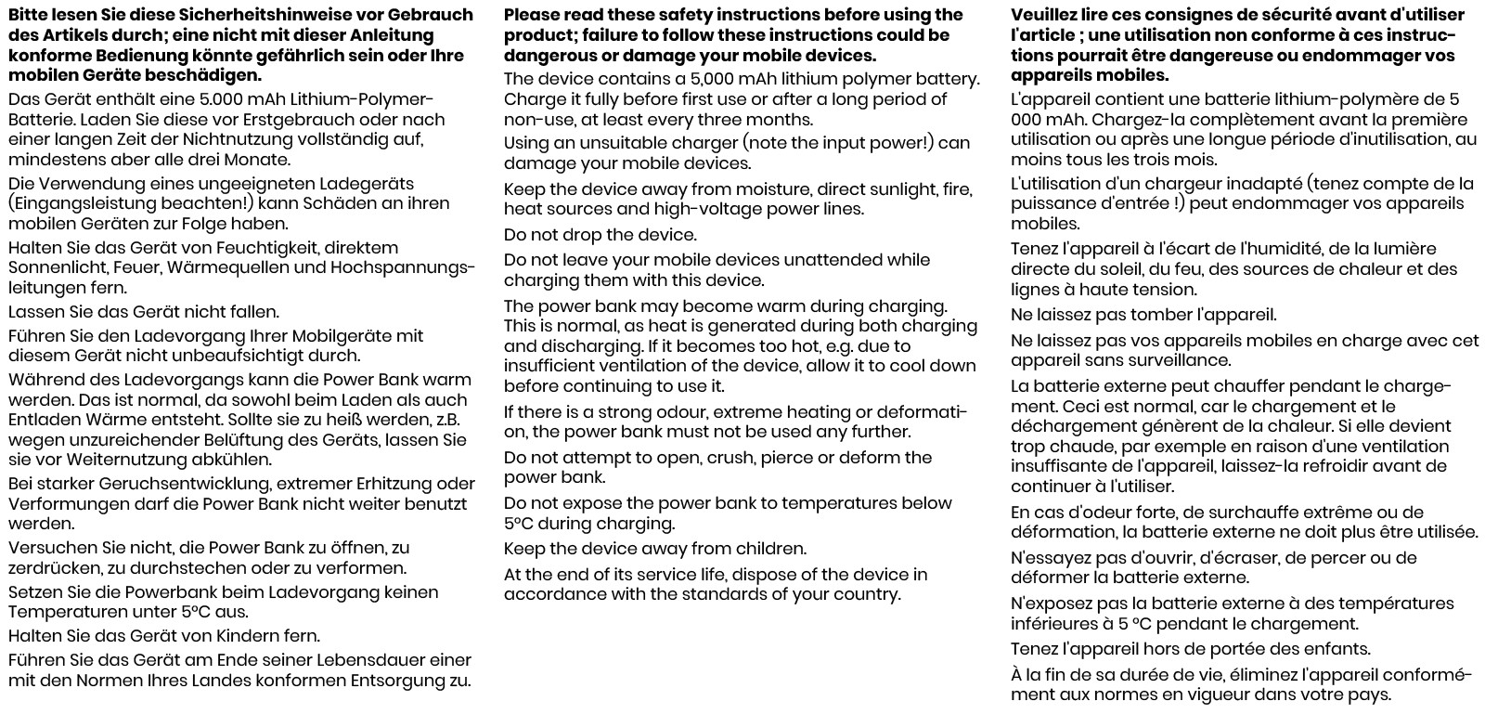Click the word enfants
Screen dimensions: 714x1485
point(1336,649)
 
